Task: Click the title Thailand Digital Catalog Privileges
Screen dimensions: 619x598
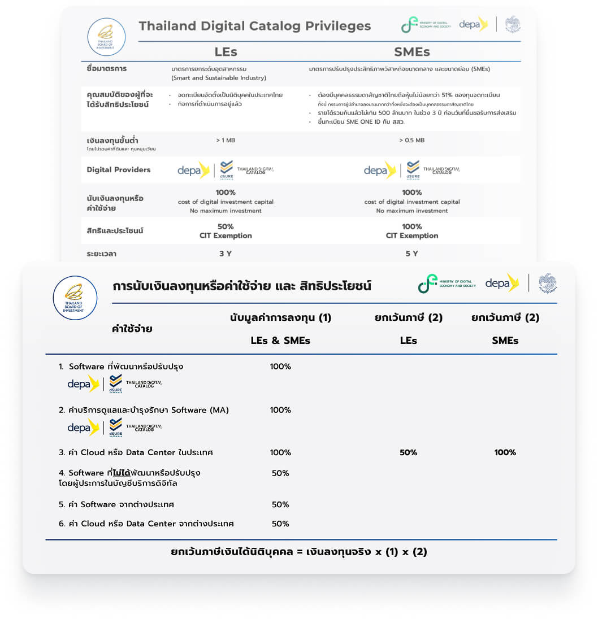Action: pos(254,26)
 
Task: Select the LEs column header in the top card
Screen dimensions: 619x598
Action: pos(226,52)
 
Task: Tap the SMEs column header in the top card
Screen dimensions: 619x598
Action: pos(411,52)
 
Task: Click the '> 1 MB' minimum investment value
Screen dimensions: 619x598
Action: pos(226,140)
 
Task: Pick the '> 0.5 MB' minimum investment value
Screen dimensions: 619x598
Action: pos(411,140)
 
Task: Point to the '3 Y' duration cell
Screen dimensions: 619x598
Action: pos(226,254)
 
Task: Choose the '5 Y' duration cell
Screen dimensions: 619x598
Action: pos(411,254)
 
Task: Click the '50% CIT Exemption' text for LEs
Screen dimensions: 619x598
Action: pos(226,231)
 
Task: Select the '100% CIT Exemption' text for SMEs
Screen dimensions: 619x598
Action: pos(411,231)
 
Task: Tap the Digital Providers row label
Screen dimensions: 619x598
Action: pos(119,169)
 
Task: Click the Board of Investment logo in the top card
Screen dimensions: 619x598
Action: pos(106,37)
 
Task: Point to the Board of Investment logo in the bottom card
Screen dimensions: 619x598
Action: pos(74,298)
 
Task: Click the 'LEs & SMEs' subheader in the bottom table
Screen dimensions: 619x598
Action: pos(280,341)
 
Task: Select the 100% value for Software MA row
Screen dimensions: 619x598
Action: pos(280,410)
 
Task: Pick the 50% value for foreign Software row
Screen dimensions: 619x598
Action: pos(280,504)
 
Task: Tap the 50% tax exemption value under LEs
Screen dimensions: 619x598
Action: pos(408,452)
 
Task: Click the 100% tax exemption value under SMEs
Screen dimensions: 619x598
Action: pos(505,452)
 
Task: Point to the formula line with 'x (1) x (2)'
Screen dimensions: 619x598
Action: pos(298,552)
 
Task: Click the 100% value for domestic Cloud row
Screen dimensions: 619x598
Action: pos(280,452)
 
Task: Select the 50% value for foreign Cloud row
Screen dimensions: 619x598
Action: pos(280,524)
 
